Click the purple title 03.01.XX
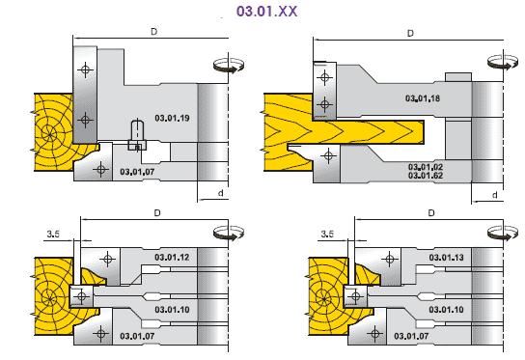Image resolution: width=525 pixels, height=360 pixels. [266, 11]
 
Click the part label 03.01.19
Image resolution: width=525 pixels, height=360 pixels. [172, 118]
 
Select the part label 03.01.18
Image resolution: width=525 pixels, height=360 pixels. [423, 98]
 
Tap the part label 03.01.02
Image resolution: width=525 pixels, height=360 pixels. [426, 167]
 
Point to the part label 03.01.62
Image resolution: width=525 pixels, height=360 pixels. [426, 176]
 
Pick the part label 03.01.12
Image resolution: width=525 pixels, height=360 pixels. [172, 257]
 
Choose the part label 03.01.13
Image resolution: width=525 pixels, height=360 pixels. [446, 257]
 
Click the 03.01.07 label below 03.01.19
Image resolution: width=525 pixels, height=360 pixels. [137, 172]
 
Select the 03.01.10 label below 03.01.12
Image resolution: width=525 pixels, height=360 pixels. [172, 310]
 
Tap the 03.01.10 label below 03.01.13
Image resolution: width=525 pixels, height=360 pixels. [446, 310]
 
